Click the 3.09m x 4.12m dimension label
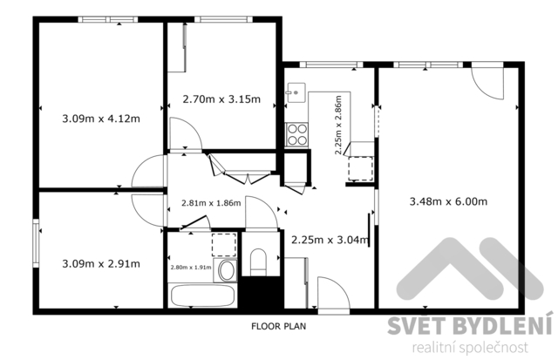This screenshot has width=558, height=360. [101, 119]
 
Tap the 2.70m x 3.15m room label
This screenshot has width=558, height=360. [221, 98]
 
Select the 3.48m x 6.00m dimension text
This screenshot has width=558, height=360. [448, 201]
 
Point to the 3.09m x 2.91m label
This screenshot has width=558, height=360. [101, 264]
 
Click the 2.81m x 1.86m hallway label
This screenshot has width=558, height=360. [211, 203]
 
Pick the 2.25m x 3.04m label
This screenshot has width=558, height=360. [330, 240]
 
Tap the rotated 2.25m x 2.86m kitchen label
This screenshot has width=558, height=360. [338, 125]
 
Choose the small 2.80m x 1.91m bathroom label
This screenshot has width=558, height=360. [191, 268]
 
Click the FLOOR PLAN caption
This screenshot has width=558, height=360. [279, 326]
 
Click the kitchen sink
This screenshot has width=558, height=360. [296, 93]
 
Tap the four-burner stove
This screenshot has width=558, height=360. [296, 134]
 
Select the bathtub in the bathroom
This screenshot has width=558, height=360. [202, 295]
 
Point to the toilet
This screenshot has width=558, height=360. [258, 262]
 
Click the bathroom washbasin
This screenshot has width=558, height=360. [226, 271]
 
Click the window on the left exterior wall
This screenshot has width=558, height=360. [36, 243]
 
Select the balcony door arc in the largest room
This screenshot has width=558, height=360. [487, 83]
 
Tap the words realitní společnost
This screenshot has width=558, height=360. [470, 348]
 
